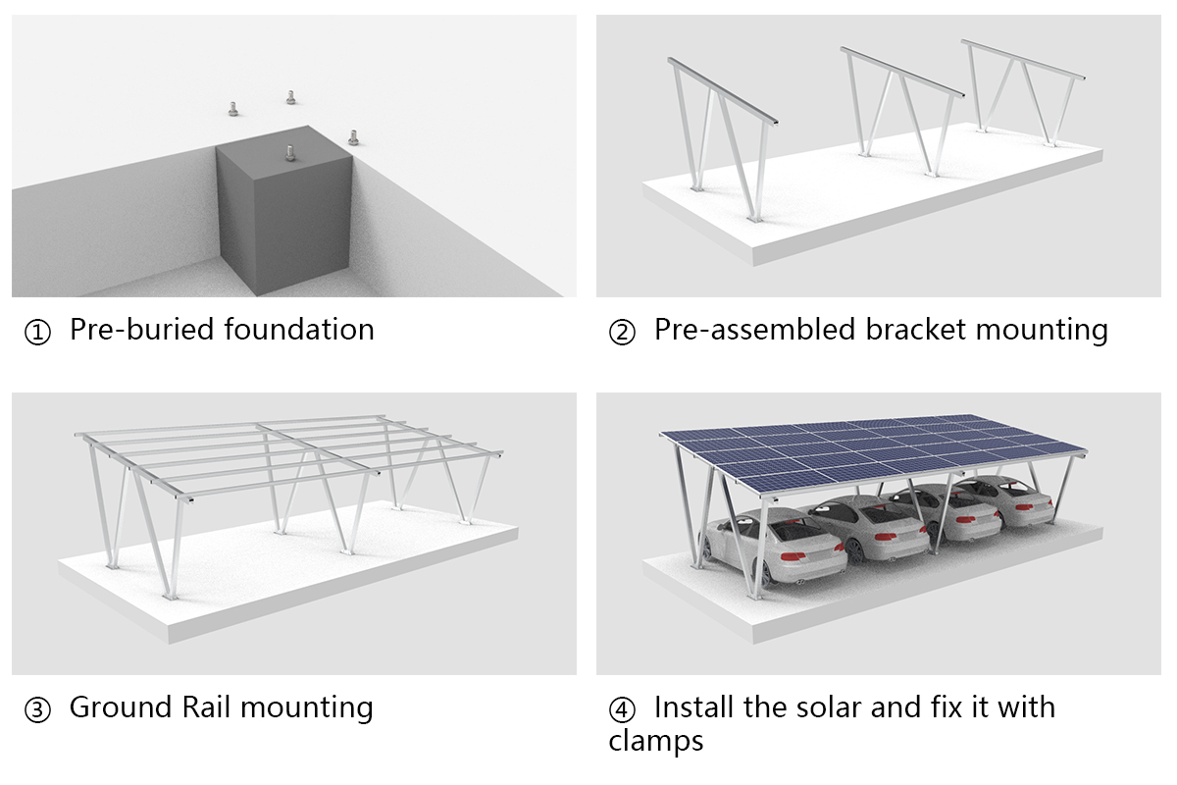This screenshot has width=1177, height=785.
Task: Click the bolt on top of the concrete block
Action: point(290,152)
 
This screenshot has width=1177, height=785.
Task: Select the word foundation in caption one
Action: point(298,329)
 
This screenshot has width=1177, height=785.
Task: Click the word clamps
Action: point(655,741)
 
